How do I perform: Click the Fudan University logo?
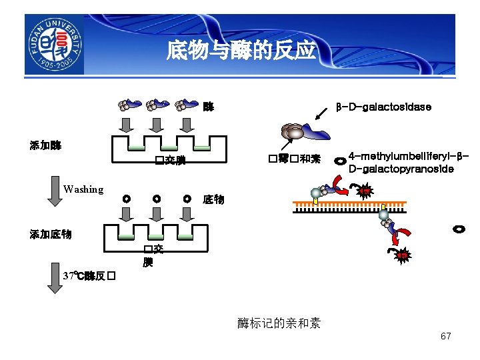point(54,45)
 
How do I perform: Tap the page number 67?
point(445,336)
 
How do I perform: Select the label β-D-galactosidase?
point(383,107)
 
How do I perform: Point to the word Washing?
point(83,189)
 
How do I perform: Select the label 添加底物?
point(51,234)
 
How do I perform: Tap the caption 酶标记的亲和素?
point(279,323)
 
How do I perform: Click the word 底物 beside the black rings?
point(213,199)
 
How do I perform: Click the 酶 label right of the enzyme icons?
point(209,107)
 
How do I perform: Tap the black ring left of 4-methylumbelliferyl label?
point(340,161)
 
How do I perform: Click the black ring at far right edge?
point(458,229)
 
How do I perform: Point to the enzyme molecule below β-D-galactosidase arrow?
point(304,132)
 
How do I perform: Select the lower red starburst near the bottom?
point(403,255)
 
